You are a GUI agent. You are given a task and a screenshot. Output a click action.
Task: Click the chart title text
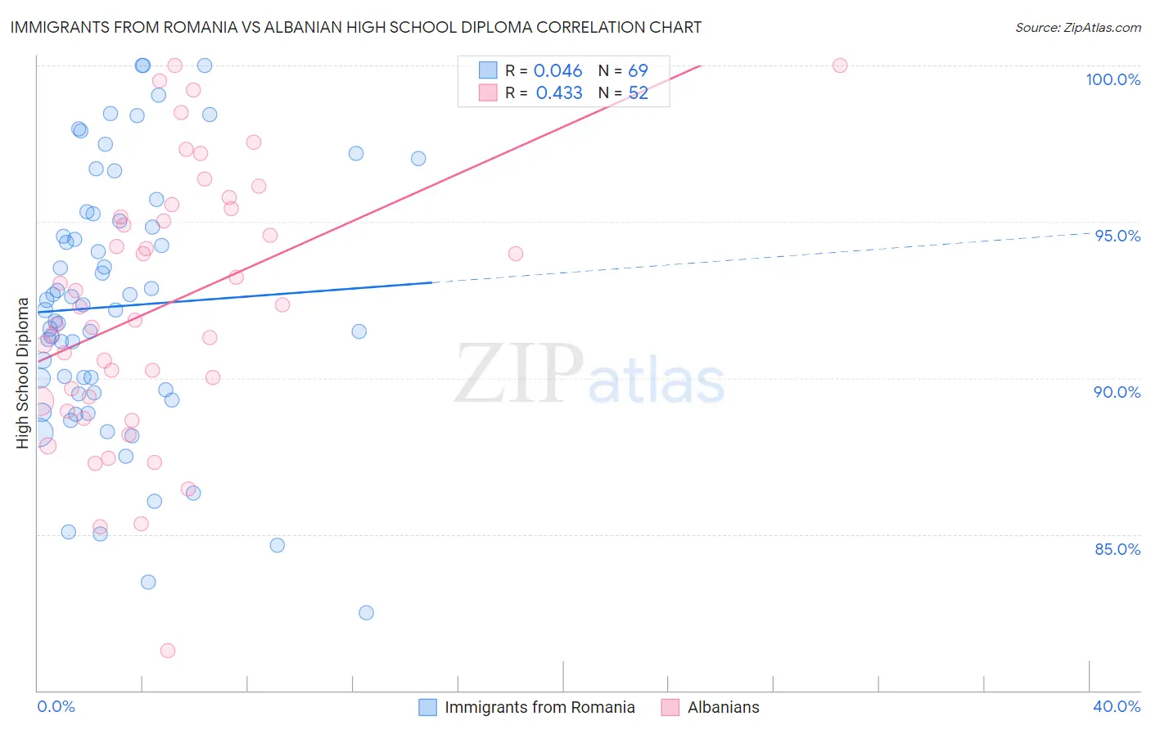[356, 27]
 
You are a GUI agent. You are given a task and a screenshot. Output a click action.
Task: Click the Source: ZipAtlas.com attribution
[1077, 28]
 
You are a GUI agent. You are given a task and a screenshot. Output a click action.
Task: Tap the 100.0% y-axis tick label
[1113, 79]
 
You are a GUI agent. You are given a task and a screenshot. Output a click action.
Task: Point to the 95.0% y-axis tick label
[1117, 236]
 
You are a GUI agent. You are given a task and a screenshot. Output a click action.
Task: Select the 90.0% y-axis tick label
[1117, 392]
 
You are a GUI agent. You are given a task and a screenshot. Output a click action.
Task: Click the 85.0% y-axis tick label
[1117, 548]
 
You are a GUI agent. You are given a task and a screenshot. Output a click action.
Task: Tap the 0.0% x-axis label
[56, 706]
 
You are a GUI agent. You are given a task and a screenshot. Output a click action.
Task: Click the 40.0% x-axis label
[1117, 706]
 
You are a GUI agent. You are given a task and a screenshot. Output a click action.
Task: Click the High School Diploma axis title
[22, 373]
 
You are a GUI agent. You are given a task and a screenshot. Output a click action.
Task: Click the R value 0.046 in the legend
[557, 71]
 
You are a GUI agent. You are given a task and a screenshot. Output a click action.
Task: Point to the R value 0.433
[559, 93]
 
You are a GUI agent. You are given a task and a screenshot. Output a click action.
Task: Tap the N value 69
[638, 71]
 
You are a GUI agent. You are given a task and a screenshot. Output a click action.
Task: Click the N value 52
[638, 93]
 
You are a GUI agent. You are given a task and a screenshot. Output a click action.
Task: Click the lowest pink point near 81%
[168, 651]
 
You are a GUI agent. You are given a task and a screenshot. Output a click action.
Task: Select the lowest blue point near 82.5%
[366, 613]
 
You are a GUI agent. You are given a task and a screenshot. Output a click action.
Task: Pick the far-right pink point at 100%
[840, 65]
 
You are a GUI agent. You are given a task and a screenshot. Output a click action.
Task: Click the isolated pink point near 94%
[516, 254]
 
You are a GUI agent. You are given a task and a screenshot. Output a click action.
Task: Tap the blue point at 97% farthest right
[418, 159]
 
